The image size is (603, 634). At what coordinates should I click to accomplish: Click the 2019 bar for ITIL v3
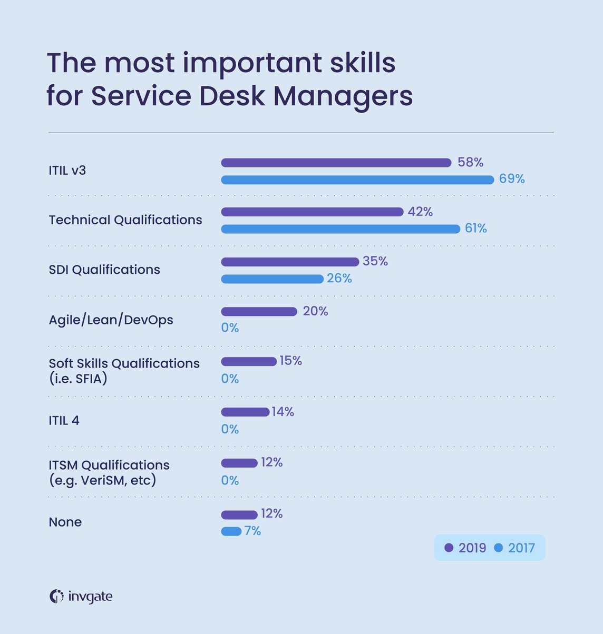[x=336, y=163]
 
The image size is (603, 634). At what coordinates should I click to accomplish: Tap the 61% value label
[x=475, y=229]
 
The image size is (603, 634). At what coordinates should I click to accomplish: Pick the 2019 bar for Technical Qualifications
[x=312, y=212]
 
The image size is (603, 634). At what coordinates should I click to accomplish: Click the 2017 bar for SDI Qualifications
[x=272, y=279]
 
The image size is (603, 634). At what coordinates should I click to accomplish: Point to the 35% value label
[x=375, y=262]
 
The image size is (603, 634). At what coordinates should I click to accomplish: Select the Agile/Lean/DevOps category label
[x=111, y=320]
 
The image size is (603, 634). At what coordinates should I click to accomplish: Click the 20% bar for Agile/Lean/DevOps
[x=259, y=312]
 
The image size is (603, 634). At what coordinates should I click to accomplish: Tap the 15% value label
[x=290, y=361]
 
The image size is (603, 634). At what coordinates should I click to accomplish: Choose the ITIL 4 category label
[x=64, y=421]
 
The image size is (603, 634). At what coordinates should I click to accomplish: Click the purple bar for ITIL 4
[x=245, y=412]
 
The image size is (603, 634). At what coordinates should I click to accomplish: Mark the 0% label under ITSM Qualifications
[x=230, y=480]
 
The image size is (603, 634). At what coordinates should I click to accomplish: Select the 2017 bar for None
[x=231, y=531]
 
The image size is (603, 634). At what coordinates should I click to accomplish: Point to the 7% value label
[x=252, y=531]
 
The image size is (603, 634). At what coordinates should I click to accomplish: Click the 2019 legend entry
[x=466, y=548]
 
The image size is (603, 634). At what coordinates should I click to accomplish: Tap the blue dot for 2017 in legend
[x=498, y=548]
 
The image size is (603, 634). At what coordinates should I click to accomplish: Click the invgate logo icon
[x=56, y=596]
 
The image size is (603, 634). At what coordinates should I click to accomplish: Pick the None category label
[x=65, y=522]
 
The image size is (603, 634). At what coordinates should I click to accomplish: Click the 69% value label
[x=512, y=179]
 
